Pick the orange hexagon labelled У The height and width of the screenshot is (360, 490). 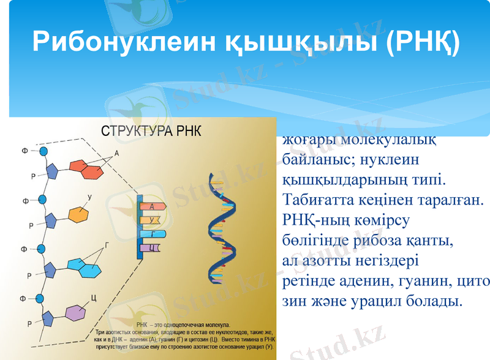pyautogui.click(x=79, y=215)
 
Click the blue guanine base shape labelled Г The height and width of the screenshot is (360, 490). pyautogui.click(x=84, y=264)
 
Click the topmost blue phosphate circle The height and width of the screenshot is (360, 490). pyautogui.click(x=43, y=151)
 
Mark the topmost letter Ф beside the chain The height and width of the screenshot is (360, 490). pyautogui.click(x=24, y=151)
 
